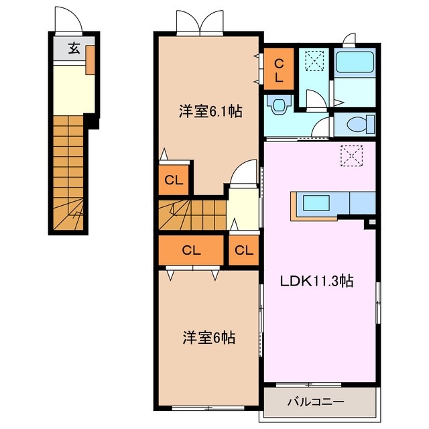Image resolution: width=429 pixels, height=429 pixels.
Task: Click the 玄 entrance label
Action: click(73, 48)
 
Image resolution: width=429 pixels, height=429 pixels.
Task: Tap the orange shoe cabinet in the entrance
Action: click(90, 60)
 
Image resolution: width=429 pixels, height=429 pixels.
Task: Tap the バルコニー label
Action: click(316, 402)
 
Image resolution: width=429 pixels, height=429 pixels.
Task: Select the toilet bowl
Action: click(355, 124)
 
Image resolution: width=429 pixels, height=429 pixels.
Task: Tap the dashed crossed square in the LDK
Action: click(350, 156)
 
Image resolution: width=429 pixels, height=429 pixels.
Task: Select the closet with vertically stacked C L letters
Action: click(278, 68)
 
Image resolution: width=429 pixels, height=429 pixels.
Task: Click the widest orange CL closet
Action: click(191, 251)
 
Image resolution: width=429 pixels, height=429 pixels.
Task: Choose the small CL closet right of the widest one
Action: click(244, 251)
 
